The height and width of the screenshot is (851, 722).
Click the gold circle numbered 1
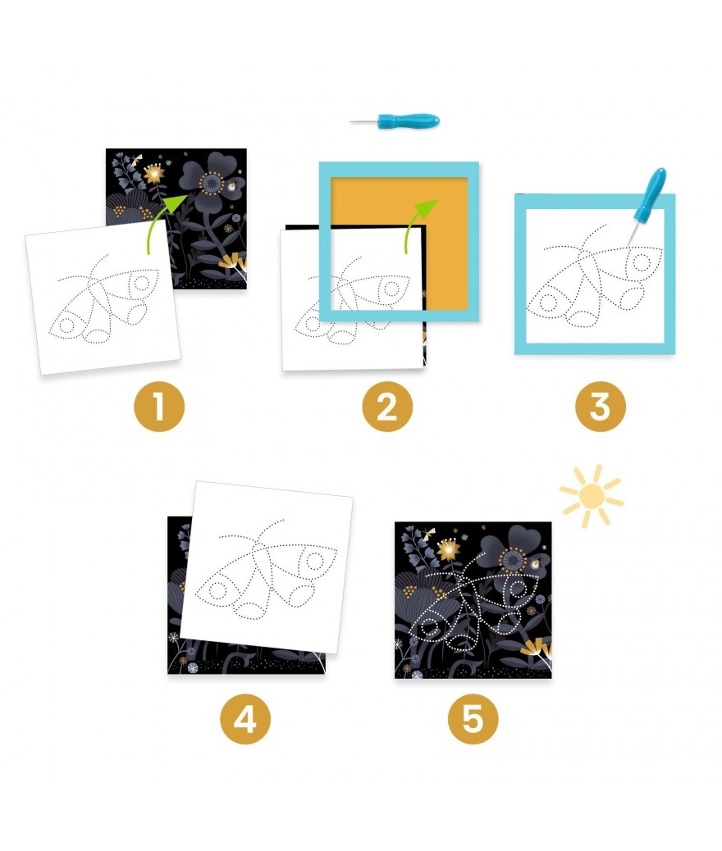[x=159, y=407]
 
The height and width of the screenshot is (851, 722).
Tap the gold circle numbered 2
[x=387, y=407]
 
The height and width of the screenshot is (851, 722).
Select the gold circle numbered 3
[x=601, y=407]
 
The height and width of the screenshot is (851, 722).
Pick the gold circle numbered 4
[x=245, y=719]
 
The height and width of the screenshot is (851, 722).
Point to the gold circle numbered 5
[x=473, y=719]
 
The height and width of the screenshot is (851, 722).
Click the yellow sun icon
[x=592, y=496]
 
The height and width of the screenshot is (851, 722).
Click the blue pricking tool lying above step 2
[x=395, y=121]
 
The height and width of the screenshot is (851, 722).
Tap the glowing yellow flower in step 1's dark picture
[x=155, y=173]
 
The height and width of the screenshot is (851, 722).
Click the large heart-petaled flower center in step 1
[x=212, y=183]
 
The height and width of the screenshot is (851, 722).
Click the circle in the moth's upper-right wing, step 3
[x=642, y=262]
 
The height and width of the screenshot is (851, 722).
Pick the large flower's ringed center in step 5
[x=512, y=560]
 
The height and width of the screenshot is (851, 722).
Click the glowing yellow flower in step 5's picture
[x=449, y=550]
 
